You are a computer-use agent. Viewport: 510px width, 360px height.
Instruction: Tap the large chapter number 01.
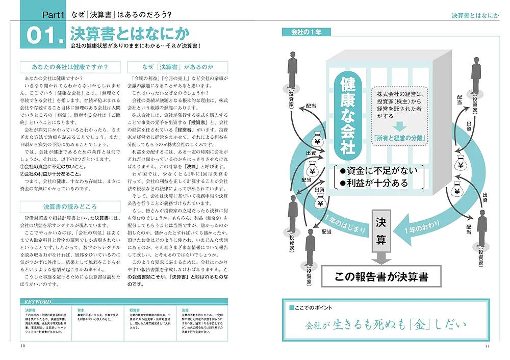coord(42,36)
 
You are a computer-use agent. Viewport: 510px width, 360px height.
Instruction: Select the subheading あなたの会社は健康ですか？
coord(69,67)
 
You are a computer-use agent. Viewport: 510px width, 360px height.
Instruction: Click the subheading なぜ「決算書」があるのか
coord(178,67)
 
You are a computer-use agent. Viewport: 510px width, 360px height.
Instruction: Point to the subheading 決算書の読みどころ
coord(69,207)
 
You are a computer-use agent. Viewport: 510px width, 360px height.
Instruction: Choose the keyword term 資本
coord(81,310)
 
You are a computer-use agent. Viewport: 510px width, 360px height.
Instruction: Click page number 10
coord(22,346)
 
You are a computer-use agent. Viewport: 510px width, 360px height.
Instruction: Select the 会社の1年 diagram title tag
coord(307,32)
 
